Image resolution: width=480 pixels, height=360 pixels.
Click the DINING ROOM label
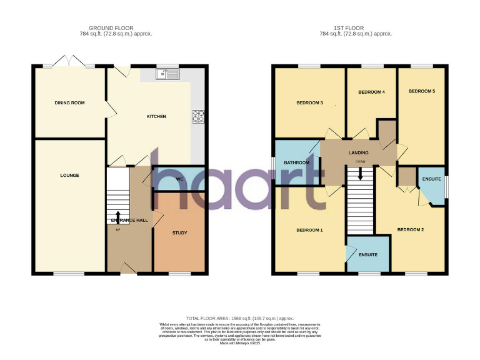point(69,102)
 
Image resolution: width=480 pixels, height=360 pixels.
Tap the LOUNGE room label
point(69,176)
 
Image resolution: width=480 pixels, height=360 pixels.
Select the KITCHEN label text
point(156,116)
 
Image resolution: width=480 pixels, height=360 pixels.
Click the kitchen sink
point(167,75)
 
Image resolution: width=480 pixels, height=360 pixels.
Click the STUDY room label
point(179,233)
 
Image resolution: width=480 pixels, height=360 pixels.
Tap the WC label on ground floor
point(179,179)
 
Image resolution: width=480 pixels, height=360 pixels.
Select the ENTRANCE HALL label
point(129,221)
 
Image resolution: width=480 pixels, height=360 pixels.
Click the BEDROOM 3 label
point(309,102)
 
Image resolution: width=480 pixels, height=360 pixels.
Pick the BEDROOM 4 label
point(371,92)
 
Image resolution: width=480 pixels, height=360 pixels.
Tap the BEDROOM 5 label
point(421,91)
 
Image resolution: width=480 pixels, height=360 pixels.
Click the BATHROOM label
point(296,163)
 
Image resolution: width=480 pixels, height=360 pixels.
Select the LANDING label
point(358,152)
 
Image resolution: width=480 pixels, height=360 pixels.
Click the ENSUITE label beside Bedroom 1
point(367,254)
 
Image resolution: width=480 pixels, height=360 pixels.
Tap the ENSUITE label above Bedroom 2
point(431,179)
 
